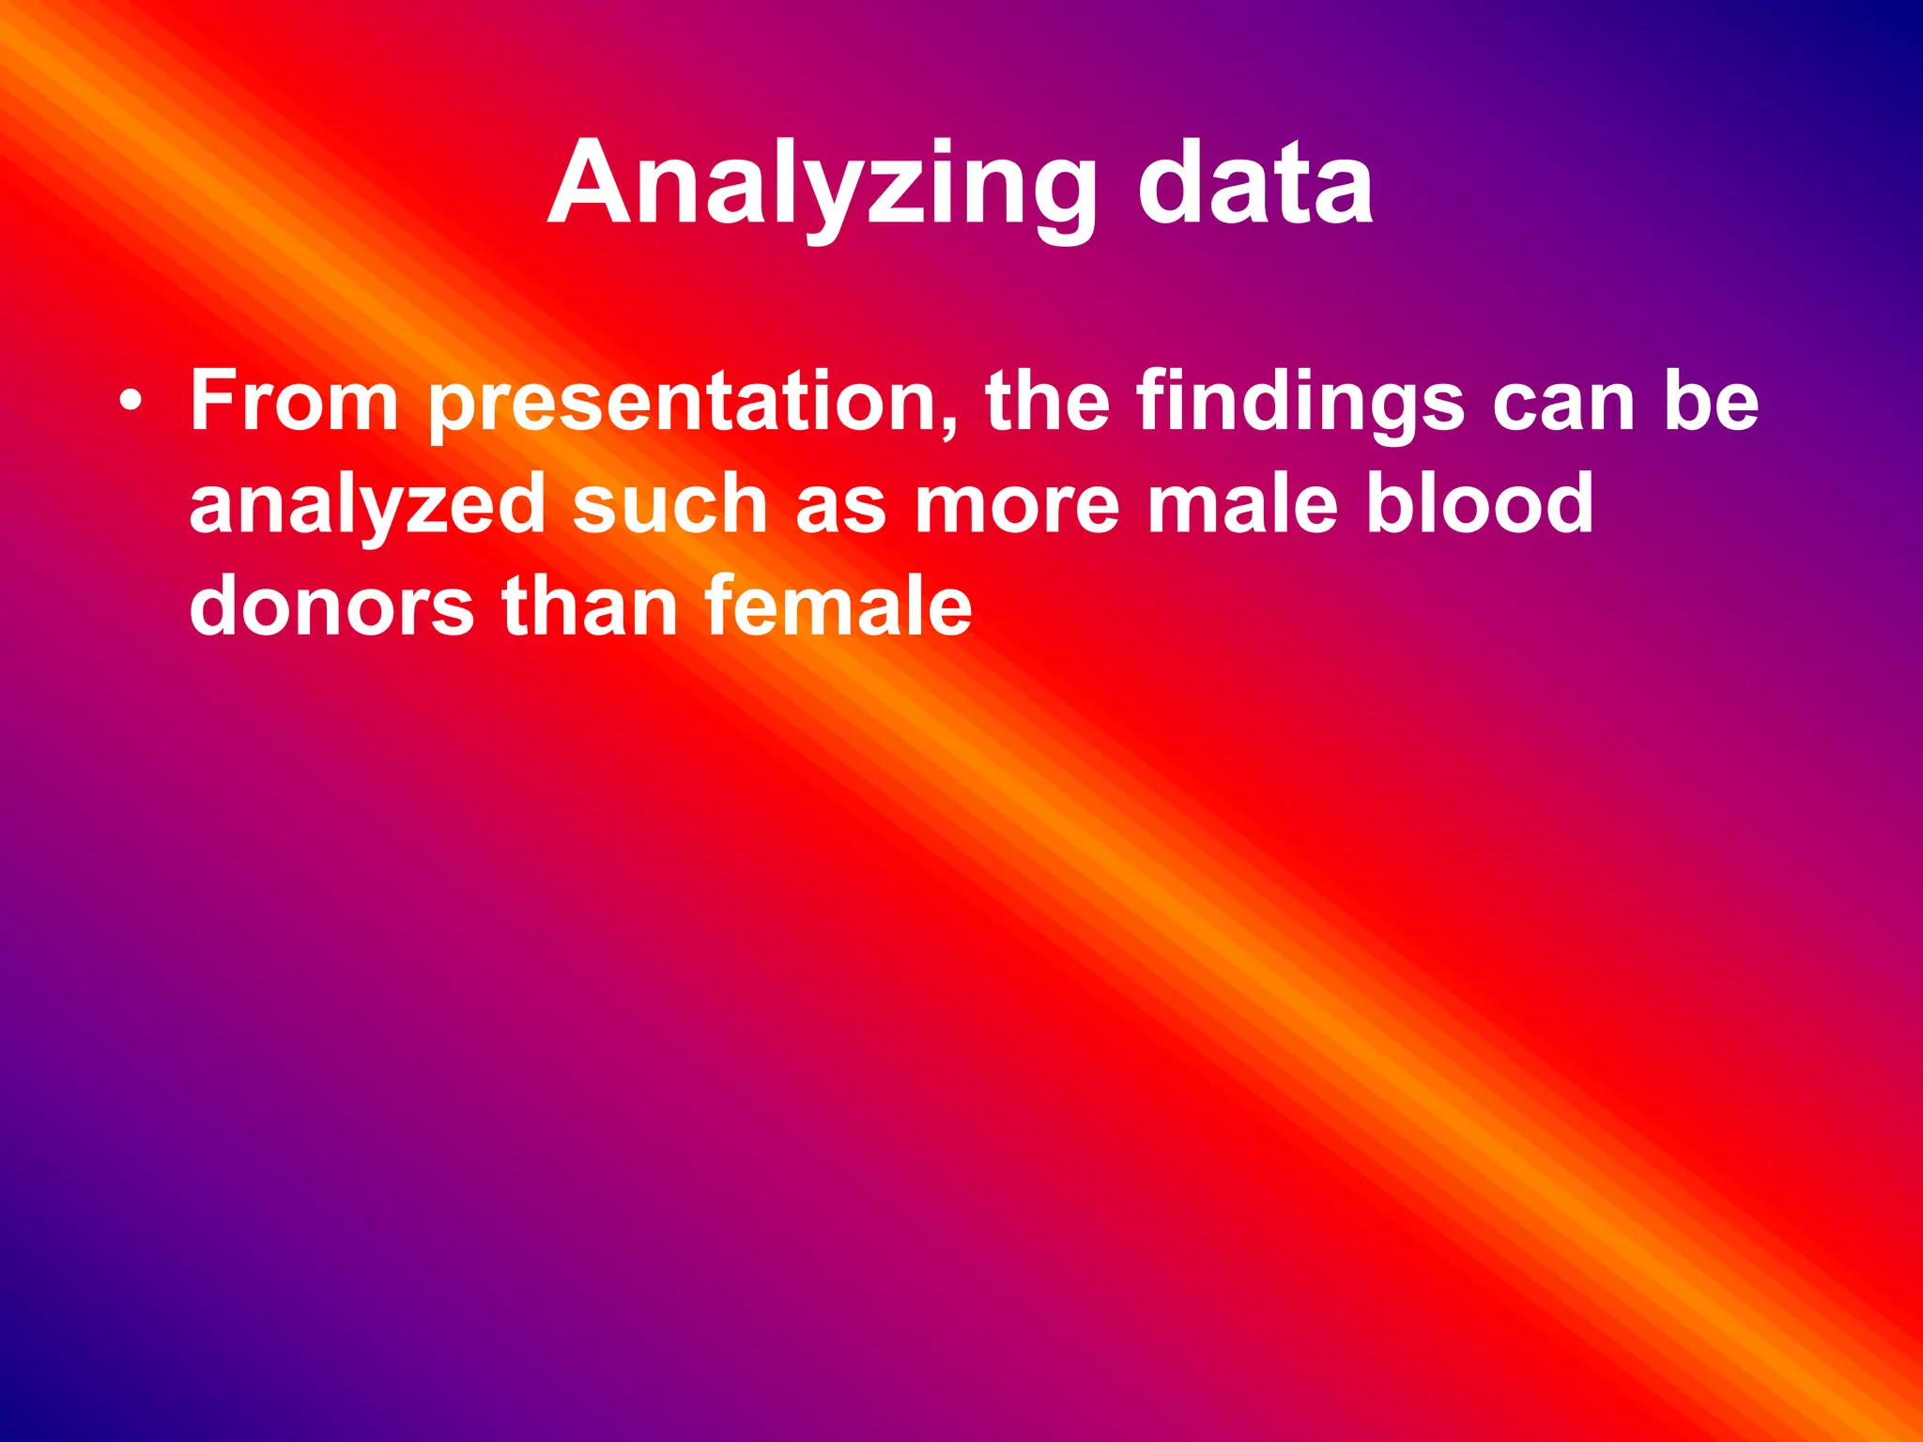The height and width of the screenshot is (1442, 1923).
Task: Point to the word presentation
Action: point(685,404)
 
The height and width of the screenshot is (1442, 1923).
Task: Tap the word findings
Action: point(1300,404)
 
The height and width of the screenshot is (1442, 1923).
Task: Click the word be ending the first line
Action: point(1711,401)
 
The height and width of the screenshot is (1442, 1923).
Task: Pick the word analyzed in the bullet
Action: point(367,507)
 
